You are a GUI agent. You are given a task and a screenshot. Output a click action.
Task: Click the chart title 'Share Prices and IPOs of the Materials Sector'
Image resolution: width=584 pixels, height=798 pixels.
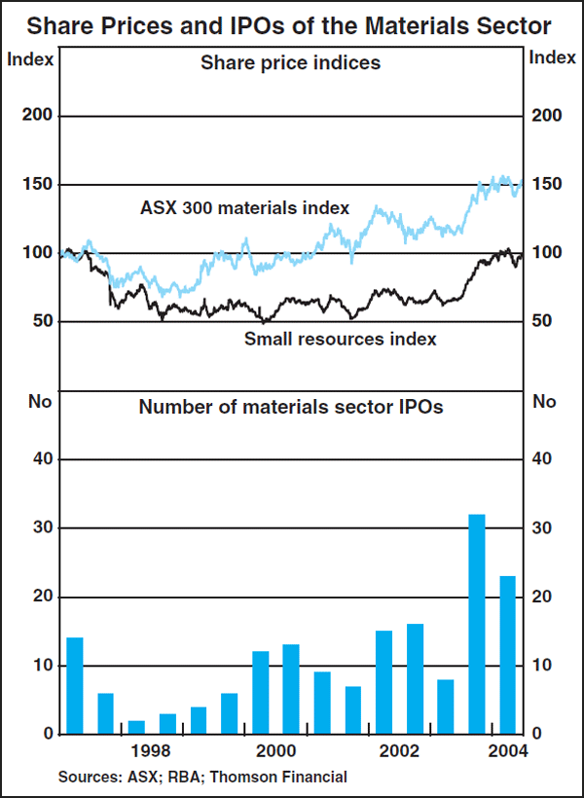(291, 24)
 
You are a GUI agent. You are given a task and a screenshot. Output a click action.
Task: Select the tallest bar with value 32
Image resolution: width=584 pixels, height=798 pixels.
(477, 624)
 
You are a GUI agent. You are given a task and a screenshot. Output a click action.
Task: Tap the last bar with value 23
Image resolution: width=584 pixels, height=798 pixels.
(508, 655)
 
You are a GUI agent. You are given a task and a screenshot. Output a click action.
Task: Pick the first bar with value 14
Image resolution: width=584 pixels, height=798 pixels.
(75, 685)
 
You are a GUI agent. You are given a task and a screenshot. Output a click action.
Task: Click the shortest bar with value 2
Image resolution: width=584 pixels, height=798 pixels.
(136, 727)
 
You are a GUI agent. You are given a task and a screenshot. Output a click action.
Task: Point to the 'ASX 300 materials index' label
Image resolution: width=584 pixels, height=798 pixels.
(244, 207)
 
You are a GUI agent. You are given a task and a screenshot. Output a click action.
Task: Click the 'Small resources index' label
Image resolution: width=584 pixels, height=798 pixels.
(340, 339)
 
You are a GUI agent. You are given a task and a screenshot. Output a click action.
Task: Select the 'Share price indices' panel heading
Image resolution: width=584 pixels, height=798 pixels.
(290, 64)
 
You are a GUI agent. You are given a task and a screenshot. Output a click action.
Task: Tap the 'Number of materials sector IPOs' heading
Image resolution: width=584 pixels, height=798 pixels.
(291, 407)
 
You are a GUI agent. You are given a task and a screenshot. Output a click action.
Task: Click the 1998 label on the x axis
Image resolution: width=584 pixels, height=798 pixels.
(152, 751)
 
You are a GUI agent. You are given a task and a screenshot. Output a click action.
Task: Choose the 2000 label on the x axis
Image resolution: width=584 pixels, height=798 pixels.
(276, 751)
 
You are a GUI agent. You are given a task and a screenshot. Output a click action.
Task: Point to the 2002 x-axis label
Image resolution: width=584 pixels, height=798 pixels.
(400, 751)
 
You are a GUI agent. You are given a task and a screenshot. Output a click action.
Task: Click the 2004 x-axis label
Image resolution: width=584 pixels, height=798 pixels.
(508, 751)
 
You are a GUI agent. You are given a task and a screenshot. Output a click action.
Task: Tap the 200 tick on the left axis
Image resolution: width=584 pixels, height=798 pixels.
(35, 116)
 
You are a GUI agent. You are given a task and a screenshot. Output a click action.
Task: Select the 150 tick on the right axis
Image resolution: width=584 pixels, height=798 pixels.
(547, 185)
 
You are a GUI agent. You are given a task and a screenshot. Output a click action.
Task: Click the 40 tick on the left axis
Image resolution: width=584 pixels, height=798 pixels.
(40, 459)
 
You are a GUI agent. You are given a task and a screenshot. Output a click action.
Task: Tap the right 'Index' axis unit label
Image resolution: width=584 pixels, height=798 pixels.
(552, 57)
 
